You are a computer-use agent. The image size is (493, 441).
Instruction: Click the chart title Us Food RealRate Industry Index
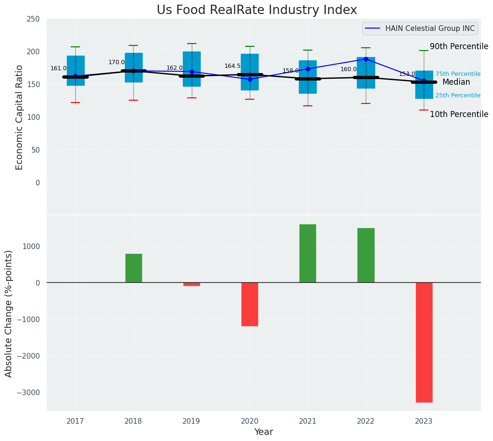coord(256,10)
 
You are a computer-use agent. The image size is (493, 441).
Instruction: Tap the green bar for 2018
coord(134,268)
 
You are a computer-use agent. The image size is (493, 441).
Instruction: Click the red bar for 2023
coord(424,342)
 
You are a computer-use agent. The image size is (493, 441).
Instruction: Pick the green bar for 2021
coord(308,253)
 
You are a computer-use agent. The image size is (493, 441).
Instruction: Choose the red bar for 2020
coord(250,304)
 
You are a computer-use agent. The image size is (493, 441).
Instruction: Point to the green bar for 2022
coord(366,255)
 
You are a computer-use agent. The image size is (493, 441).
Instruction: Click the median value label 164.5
coord(232,66)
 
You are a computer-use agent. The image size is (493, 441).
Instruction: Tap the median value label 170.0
coord(116,62)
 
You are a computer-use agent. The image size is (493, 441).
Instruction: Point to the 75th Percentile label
coord(458,74)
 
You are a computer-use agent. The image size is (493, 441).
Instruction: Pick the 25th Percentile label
coord(458,96)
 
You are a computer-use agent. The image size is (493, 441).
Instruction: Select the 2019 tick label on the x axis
coord(191,421)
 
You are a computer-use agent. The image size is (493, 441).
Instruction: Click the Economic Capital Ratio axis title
coord(20,117)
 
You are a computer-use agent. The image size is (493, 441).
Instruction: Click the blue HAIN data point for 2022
coord(366,59)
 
